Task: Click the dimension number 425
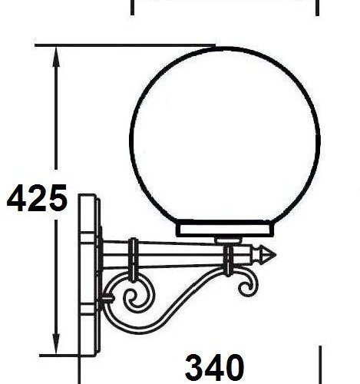36,199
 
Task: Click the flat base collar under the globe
226,229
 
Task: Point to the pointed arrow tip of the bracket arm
269,253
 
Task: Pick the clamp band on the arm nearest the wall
134,261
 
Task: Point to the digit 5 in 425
56,199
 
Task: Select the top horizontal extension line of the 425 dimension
107,46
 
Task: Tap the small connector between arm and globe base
226,240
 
